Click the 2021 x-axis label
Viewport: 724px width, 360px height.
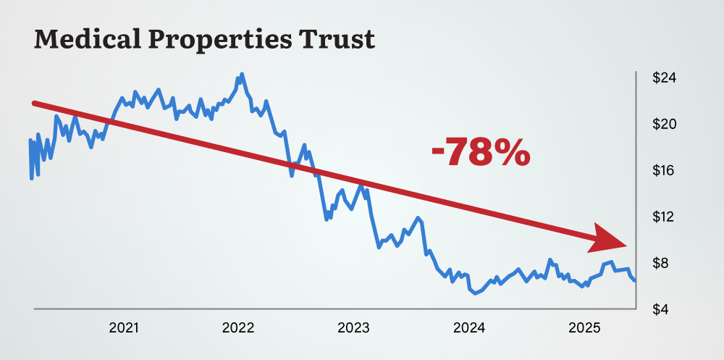click(124, 328)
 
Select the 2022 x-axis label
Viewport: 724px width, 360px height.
click(238, 328)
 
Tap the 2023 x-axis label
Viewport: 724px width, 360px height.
click(353, 328)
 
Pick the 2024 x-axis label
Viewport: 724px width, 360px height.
click(468, 328)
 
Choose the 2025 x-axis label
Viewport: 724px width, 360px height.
click(584, 328)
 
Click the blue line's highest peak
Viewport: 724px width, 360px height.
click(242, 74)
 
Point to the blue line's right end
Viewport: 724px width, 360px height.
click(635, 280)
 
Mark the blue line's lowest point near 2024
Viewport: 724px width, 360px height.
click(474, 293)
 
